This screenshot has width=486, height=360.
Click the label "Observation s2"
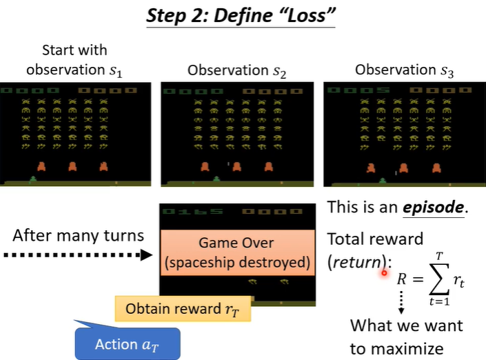click(x=228, y=70)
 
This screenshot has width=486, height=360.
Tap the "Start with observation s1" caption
click(x=74, y=60)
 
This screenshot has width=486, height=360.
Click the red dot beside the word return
click(x=384, y=273)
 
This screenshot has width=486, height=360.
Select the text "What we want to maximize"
click(x=406, y=336)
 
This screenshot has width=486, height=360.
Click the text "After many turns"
click(x=78, y=235)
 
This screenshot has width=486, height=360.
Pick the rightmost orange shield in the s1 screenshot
click(x=104, y=166)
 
